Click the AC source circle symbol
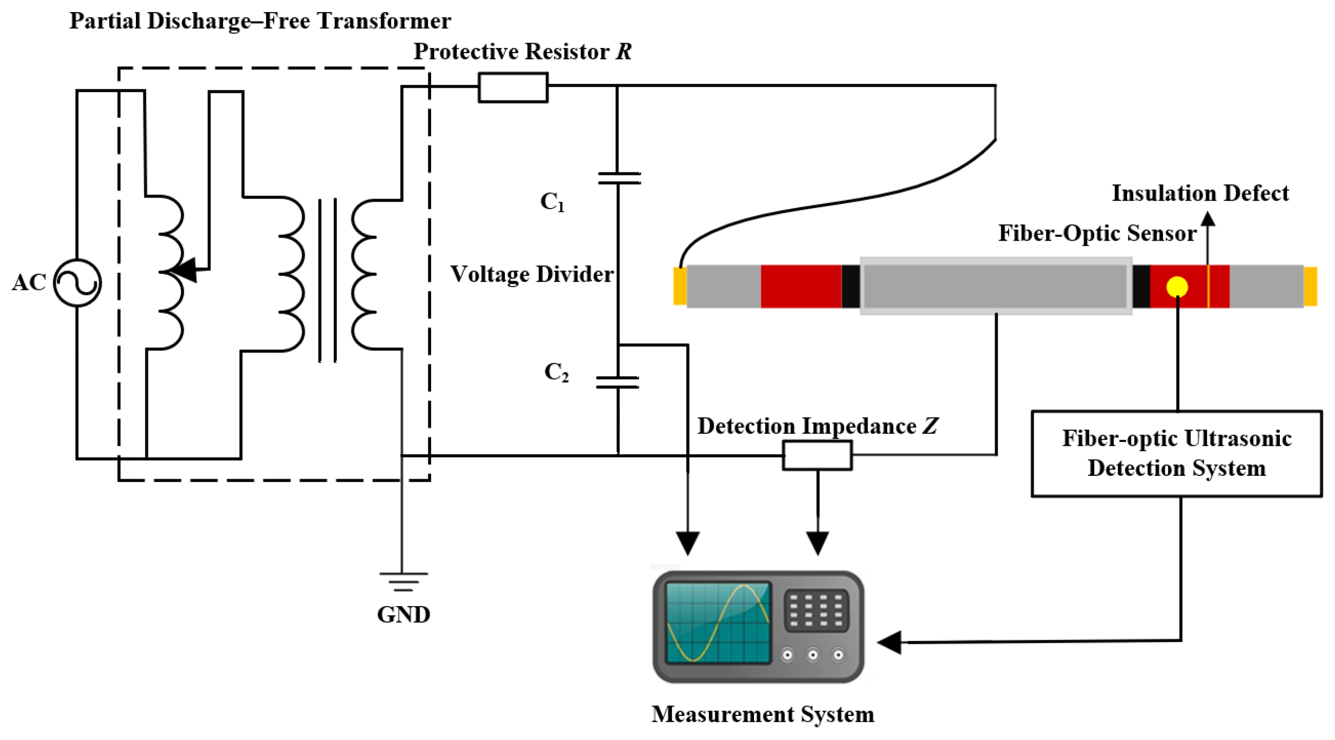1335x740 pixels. tap(78, 282)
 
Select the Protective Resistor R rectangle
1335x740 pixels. tap(512, 88)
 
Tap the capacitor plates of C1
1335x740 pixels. tap(619, 178)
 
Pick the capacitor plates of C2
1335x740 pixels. tap(617, 383)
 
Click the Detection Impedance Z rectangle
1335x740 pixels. tap(817, 455)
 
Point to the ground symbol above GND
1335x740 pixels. tap(403, 582)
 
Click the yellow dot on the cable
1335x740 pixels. tap(1177, 287)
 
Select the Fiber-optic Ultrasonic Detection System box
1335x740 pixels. tap(1177, 453)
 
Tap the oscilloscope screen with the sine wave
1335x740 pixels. tap(718, 622)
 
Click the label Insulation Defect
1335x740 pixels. tap(1200, 193)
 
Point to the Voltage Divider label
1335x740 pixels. tap(532, 274)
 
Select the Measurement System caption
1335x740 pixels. tap(763, 714)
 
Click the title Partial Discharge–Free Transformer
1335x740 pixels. tap(260, 21)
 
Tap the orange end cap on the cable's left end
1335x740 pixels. tap(680, 286)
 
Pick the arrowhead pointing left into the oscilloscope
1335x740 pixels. tap(889, 643)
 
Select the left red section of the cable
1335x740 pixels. tap(801, 287)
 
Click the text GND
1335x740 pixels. tap(403, 615)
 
